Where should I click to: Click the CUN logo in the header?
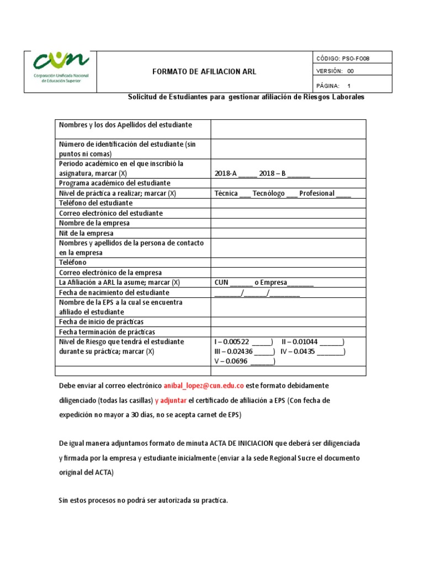[x=61, y=71]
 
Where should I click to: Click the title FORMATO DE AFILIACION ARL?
[x=204, y=72]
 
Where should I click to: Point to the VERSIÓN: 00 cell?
[x=336, y=71]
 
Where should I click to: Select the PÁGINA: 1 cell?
[x=334, y=86]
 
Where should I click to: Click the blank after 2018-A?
[x=247, y=174]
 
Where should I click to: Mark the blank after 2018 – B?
[x=299, y=174]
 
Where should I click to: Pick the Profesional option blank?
[x=343, y=194]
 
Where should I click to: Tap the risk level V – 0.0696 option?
[x=262, y=362]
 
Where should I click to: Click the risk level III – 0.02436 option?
[x=264, y=352]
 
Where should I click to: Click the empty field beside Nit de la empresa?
[x=288, y=233]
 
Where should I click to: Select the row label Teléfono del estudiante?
[x=96, y=203]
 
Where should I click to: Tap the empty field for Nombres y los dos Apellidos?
[x=288, y=129]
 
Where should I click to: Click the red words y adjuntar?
[x=171, y=400]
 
